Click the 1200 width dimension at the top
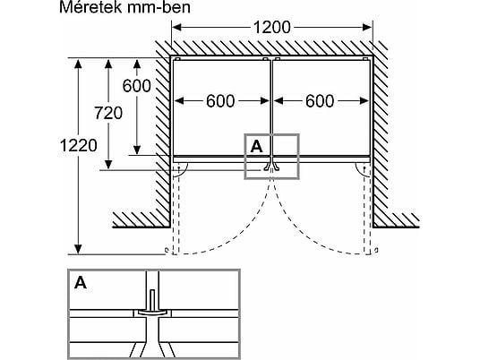pyautogui.click(x=272, y=27)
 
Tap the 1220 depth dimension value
pyautogui.click(x=79, y=145)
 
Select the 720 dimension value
pyautogui.click(x=108, y=113)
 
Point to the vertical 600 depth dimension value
pyautogui.click(x=136, y=86)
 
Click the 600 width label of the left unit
pyautogui.click(x=220, y=101)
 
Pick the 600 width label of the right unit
pyautogui.click(x=320, y=101)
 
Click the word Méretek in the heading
pyautogui.click(x=90, y=7)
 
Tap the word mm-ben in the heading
pyautogui.click(x=159, y=7)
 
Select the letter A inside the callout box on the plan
pyautogui.click(x=256, y=146)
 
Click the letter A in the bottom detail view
pyautogui.click(x=81, y=283)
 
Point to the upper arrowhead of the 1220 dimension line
pyautogui.click(x=79, y=64)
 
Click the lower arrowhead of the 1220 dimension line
pyautogui.click(x=79, y=249)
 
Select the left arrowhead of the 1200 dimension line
pyautogui.click(x=177, y=27)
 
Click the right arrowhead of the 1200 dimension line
pyautogui.click(x=367, y=27)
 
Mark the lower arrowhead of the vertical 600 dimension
pyautogui.click(x=137, y=150)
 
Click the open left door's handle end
pyautogui.click(x=167, y=251)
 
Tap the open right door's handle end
pyautogui.click(x=376, y=250)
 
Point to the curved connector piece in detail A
pyautogui.click(x=152, y=313)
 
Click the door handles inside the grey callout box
pyautogui.click(x=271, y=167)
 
